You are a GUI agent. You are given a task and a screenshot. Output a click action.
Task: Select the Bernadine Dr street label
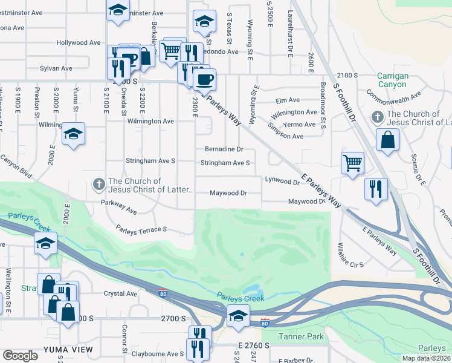coord(224,149)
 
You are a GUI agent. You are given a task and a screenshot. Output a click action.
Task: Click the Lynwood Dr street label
coord(282,181)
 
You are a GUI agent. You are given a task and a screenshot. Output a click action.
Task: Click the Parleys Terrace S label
coord(141,230)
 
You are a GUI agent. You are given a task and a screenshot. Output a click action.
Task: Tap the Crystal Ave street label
coord(120,294)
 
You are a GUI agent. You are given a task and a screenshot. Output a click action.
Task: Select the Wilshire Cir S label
coord(351,264)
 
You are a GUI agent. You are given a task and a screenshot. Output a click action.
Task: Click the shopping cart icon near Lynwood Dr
coord(352,162)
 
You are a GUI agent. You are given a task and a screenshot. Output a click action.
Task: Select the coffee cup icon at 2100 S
coord(204,78)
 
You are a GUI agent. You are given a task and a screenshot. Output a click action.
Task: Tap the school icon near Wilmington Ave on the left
coord(73,133)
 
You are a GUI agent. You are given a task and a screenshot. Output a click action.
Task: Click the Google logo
coord(20,356)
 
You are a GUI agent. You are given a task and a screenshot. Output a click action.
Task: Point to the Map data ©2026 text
coord(425,358)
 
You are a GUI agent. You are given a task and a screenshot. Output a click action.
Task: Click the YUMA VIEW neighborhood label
coord(68,350)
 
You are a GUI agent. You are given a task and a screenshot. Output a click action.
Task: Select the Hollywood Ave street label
coord(79,43)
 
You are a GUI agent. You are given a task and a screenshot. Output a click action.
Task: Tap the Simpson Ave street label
coord(286,137)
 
